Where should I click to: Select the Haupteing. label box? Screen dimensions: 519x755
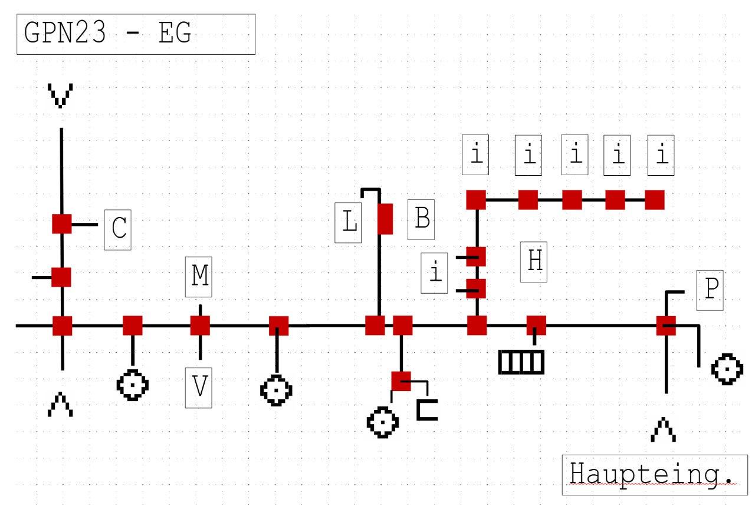click(x=655, y=474)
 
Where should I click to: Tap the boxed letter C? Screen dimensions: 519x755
click(x=118, y=229)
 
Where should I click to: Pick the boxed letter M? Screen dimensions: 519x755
click(x=200, y=277)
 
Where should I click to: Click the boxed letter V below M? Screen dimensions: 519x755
click(x=200, y=387)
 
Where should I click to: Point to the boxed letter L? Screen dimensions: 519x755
click(x=348, y=222)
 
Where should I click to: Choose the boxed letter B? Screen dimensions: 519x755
click(x=422, y=219)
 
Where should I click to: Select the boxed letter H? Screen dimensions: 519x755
click(x=534, y=261)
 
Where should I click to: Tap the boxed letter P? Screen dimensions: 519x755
click(x=710, y=291)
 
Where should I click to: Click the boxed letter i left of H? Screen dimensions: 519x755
click(x=435, y=273)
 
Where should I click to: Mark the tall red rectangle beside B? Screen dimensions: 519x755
click(x=385, y=219)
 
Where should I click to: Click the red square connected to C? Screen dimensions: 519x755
click(x=62, y=224)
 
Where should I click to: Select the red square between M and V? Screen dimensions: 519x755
click(x=200, y=326)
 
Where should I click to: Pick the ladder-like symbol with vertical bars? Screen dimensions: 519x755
click(x=521, y=362)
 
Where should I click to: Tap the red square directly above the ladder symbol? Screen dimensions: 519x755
click(x=536, y=326)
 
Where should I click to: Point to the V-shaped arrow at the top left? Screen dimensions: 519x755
click(x=61, y=96)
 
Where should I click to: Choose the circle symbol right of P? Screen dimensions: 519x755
click(x=727, y=370)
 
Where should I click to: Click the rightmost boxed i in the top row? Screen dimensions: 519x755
click(x=662, y=155)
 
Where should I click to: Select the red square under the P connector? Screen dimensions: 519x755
click(x=666, y=326)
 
